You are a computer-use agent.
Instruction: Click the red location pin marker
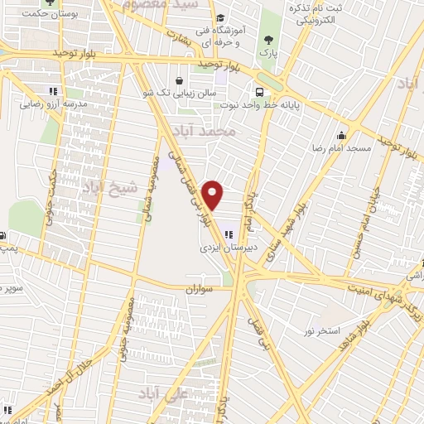pos(214,195)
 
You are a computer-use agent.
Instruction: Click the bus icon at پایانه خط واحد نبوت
pos(260,93)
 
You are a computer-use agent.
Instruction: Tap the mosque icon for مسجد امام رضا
pos(341,136)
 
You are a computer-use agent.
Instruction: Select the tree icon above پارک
pos(267,39)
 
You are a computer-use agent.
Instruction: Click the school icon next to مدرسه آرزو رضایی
pos(53,91)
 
